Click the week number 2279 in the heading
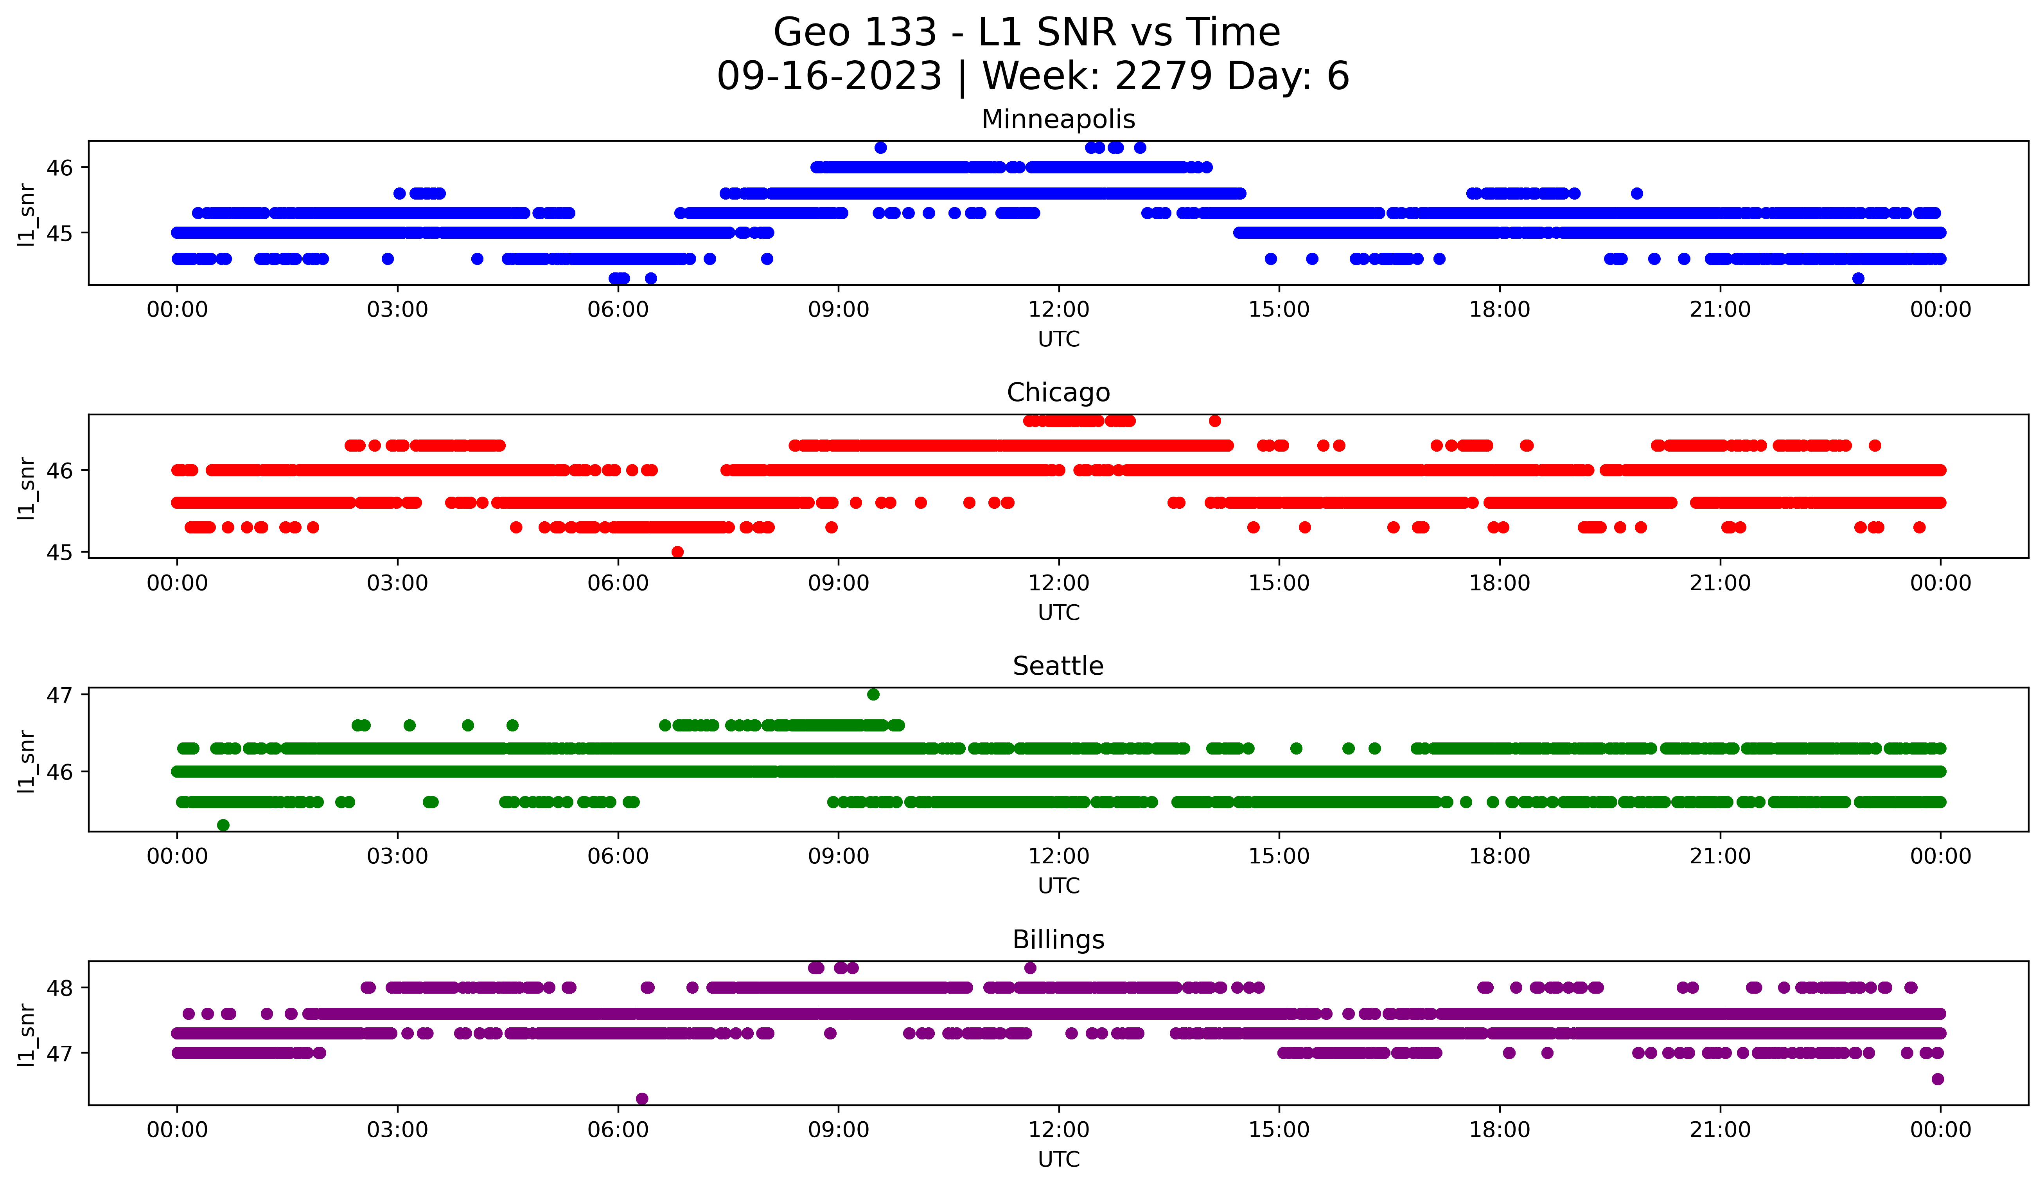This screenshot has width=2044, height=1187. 1162,76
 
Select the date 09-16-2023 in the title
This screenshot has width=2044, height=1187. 829,76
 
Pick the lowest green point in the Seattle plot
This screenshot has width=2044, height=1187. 223,825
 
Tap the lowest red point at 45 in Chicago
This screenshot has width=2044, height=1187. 677,552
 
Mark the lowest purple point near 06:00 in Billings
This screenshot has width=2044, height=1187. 641,1099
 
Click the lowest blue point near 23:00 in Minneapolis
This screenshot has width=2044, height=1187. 1858,278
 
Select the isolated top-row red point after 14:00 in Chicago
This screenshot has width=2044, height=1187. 1214,420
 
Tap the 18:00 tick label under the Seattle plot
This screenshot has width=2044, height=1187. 1499,857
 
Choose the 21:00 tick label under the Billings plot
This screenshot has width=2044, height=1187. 1719,1130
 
